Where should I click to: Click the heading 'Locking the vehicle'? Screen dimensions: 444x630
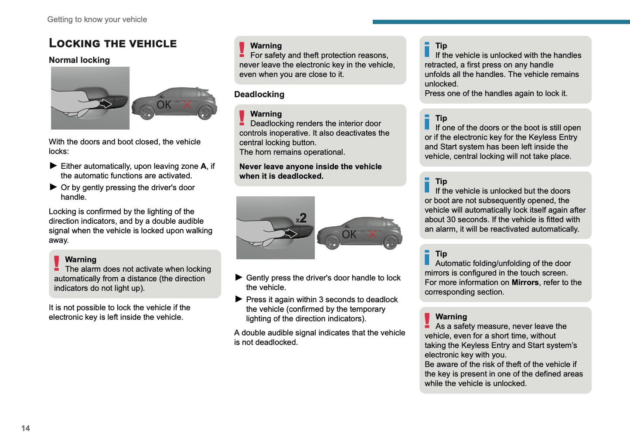(112, 43)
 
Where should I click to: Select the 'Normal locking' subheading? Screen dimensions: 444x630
(79, 60)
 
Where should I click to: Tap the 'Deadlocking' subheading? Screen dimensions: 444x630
(259, 94)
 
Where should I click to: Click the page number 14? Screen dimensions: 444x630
(26, 428)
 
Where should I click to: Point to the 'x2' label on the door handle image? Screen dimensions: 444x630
(301, 218)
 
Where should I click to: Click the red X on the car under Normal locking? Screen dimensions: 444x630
(187, 105)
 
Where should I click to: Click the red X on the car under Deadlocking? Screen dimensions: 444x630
(372, 234)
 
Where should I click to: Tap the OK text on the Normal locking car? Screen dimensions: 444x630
(164, 105)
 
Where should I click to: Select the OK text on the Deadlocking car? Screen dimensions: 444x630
(349, 235)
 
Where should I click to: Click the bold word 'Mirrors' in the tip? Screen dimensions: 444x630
(525, 283)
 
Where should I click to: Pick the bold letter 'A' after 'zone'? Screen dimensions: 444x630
(203, 166)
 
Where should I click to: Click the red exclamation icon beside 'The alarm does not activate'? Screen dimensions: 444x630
(57, 263)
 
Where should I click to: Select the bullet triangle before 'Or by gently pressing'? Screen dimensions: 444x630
(54, 187)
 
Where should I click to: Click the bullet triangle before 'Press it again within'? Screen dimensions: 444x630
(238, 299)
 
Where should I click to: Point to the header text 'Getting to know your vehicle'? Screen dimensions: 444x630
(97, 20)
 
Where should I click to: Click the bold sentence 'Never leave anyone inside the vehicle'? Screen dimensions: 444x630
(310, 167)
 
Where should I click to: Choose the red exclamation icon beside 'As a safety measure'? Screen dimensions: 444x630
(427, 320)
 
